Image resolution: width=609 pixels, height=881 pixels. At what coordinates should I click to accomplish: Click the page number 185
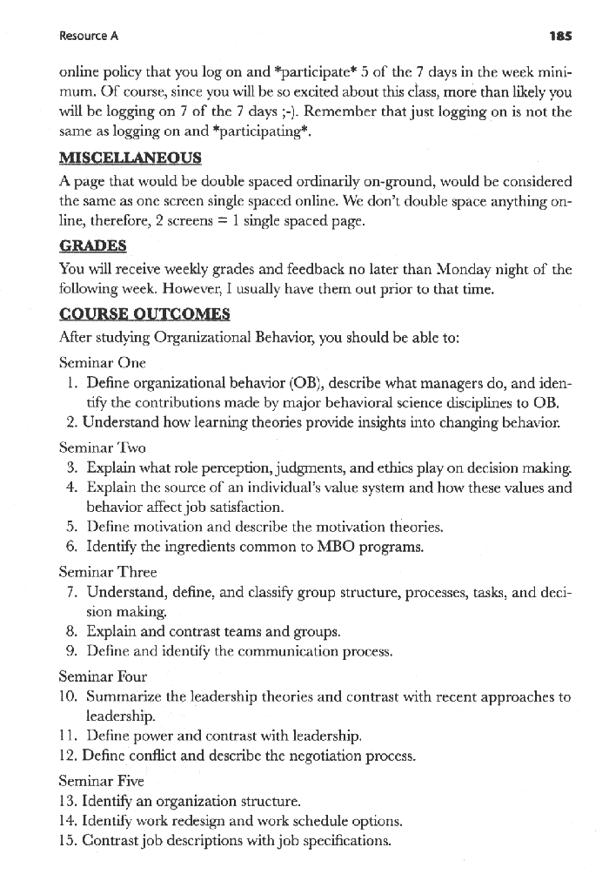560,37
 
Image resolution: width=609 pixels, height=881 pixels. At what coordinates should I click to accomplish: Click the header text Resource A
89,37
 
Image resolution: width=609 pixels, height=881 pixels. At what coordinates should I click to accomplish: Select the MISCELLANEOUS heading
130,158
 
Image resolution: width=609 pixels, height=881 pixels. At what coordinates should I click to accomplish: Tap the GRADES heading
92,245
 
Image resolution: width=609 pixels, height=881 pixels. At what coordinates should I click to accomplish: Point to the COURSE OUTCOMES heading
144,313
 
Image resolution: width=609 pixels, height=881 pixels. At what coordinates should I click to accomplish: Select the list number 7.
73,592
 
